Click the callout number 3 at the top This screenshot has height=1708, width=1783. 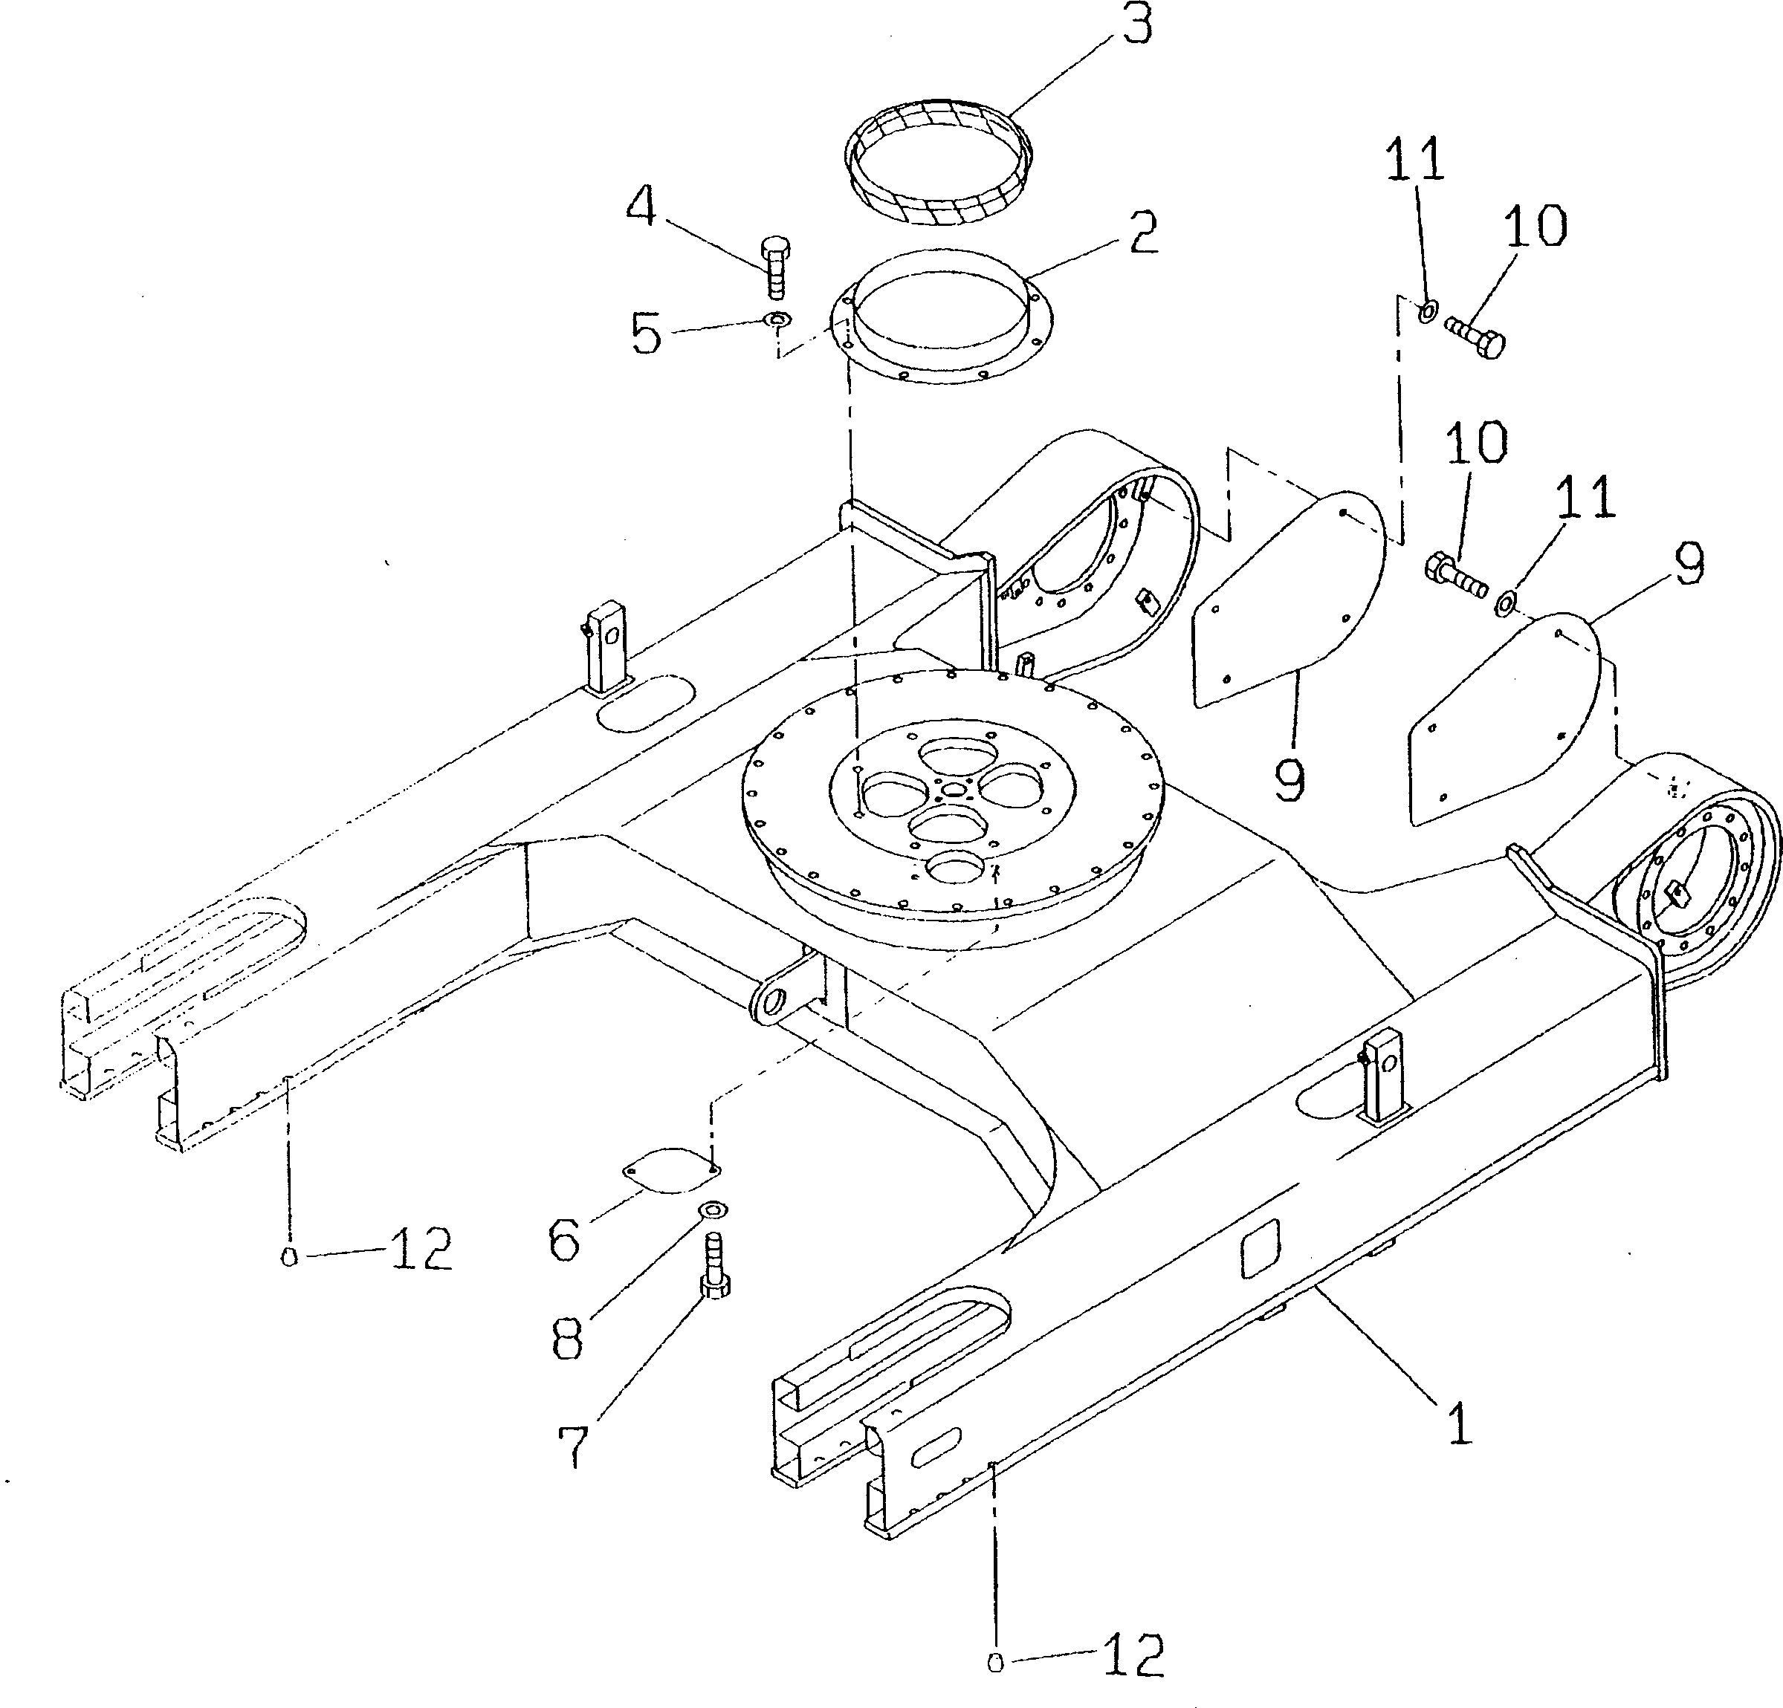[1136, 25]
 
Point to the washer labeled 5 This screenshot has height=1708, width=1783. [777, 319]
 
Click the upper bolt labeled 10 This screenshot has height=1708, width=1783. [1475, 337]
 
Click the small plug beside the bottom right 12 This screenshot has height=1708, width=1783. [995, 1663]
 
